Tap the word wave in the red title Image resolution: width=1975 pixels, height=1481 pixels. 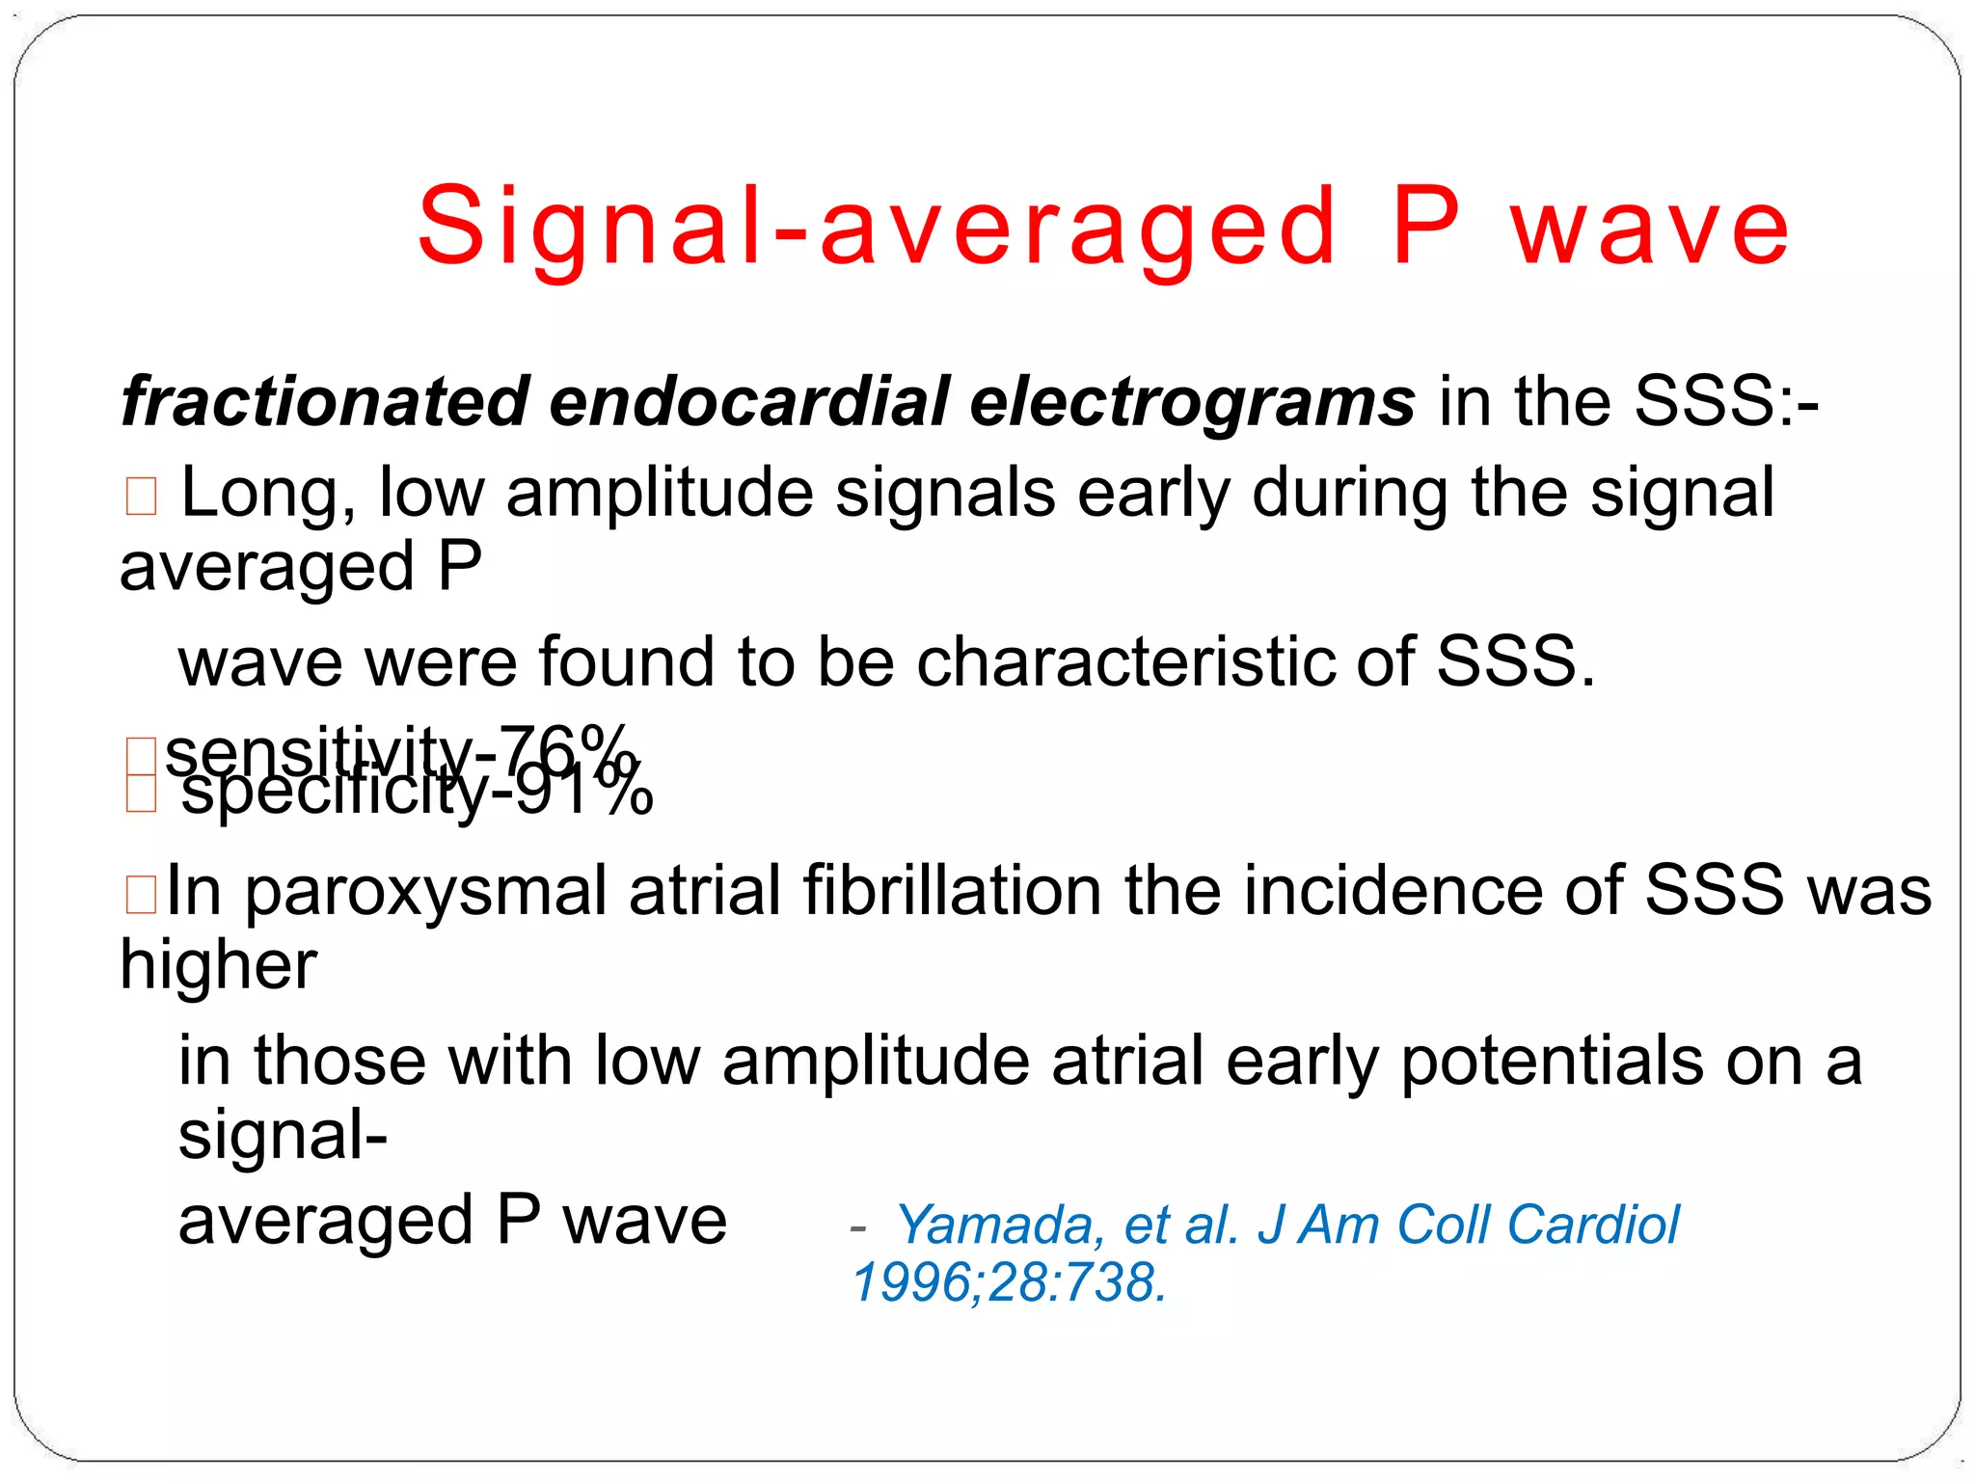(1650, 229)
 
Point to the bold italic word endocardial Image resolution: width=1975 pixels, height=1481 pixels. (749, 401)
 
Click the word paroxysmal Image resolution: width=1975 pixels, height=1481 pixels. (425, 891)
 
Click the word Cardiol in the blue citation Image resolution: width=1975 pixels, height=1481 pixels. (1592, 1225)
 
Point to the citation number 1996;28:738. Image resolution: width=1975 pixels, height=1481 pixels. (1009, 1283)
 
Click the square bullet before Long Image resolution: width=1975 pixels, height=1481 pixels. (141, 497)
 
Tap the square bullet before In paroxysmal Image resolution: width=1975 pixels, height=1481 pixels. (141, 894)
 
